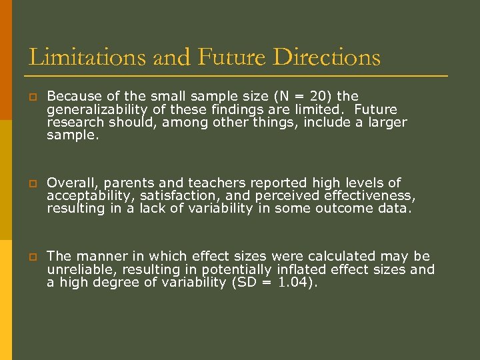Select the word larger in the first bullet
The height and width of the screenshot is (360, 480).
385,123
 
